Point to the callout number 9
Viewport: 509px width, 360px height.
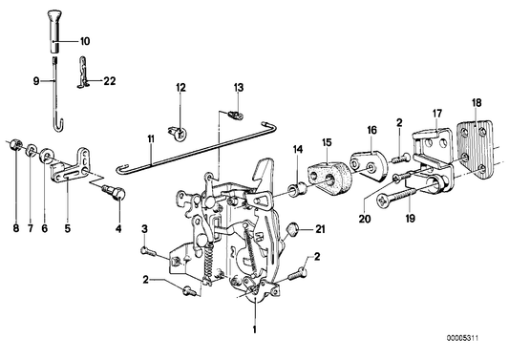click(x=38, y=81)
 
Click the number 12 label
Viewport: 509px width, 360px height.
click(x=180, y=88)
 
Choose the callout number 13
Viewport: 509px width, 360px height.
click(x=239, y=88)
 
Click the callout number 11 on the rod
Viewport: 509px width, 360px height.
click(x=150, y=140)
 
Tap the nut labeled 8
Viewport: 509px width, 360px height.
click(x=16, y=145)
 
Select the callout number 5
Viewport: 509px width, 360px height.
click(x=68, y=202)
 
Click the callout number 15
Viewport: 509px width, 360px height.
click(x=328, y=143)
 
